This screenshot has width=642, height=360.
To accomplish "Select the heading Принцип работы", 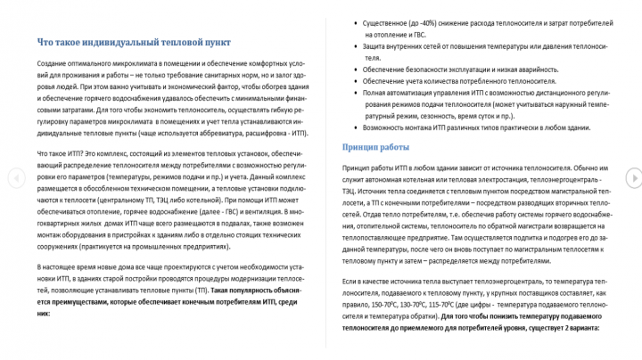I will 376,147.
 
